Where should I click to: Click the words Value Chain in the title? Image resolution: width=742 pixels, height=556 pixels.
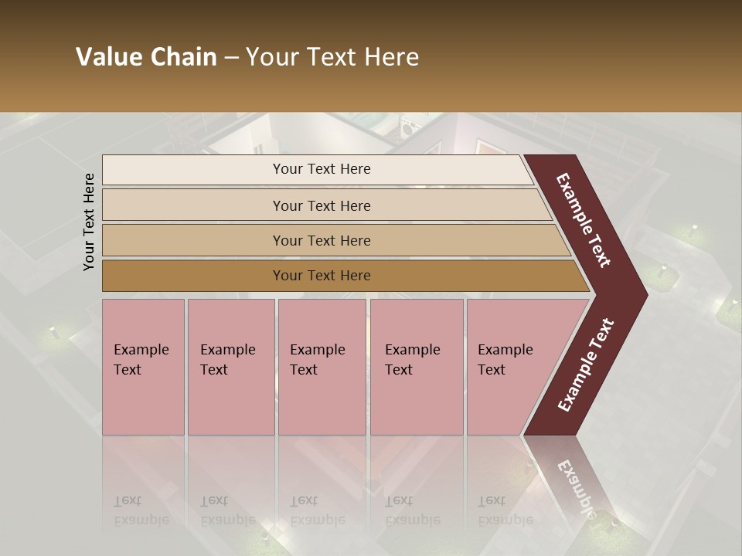[146, 57]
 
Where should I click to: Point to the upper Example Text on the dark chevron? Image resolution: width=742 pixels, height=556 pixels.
[584, 221]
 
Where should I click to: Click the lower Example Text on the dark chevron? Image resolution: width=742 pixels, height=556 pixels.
[585, 365]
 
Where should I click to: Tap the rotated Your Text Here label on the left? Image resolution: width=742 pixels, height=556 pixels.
[89, 222]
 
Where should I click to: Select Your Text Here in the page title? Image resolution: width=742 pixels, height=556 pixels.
[332, 57]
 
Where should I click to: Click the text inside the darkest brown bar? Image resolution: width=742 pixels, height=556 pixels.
[322, 276]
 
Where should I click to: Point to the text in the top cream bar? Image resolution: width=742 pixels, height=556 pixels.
[322, 169]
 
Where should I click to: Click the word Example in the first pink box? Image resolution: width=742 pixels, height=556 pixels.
[141, 350]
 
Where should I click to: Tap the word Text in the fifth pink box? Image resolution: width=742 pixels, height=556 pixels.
[492, 370]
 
